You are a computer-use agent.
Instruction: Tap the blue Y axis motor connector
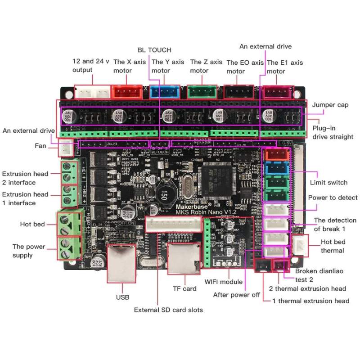[165, 92]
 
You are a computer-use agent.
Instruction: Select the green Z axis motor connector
[202, 92]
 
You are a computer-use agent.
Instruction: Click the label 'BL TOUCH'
[154, 50]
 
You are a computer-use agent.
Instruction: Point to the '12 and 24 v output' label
[90, 66]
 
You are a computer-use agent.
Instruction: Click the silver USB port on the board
[121, 263]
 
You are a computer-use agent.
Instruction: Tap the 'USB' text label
[122, 297]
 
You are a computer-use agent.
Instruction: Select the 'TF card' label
[184, 288]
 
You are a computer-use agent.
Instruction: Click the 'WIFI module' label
[224, 282]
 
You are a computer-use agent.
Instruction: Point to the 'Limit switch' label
[328, 182]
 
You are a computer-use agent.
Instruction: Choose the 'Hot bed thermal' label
[332, 246]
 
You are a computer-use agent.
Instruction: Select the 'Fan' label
[40, 146]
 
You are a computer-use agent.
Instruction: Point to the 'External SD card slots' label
[168, 310]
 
